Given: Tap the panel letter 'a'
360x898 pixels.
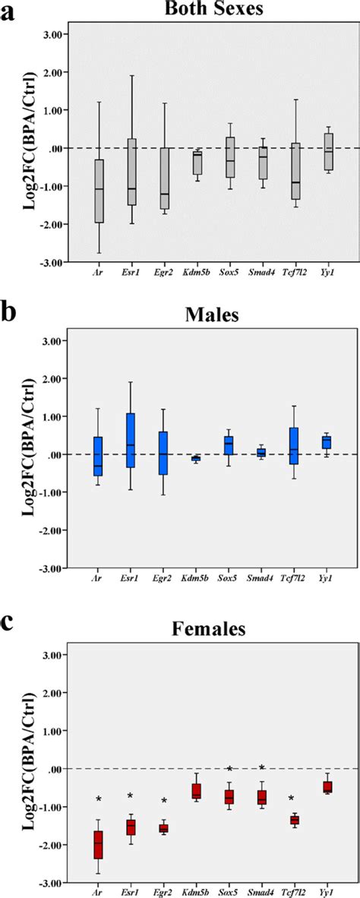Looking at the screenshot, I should [x=8, y=11].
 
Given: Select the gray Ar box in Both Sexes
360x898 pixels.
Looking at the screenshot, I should [x=99, y=191].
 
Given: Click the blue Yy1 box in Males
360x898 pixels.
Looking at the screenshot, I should [x=327, y=442].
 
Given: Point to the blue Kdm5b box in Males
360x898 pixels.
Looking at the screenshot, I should [x=197, y=458].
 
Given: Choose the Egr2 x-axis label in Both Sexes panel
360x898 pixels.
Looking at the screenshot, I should [x=164, y=269].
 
